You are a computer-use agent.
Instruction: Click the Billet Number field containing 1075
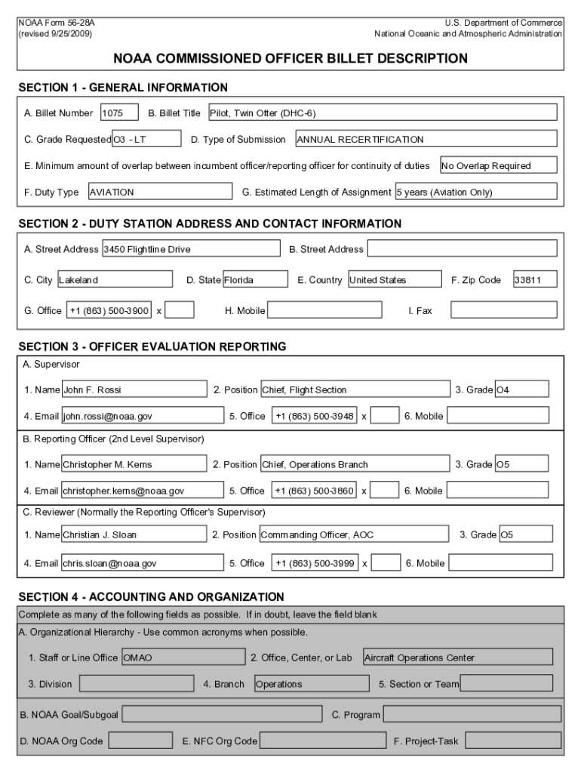point(119,113)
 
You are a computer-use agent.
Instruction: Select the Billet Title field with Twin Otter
point(382,113)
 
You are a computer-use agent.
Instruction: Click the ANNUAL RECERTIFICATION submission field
point(426,140)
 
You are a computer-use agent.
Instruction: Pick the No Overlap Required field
point(498,166)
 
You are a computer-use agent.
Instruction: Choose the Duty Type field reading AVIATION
point(159,192)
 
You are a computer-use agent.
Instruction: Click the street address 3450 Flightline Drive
point(189,249)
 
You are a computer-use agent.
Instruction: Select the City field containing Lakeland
point(115,280)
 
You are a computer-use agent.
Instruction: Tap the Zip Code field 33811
point(535,280)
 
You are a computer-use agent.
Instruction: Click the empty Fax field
point(503,310)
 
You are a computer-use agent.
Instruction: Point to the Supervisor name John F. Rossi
point(134,390)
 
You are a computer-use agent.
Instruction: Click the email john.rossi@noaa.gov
point(143,416)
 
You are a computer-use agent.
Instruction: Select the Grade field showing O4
point(521,390)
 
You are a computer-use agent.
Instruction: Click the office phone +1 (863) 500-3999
point(315,563)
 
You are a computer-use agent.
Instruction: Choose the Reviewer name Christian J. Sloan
point(134,535)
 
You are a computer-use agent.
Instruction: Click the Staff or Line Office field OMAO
point(183,658)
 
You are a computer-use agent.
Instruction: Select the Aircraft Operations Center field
point(457,658)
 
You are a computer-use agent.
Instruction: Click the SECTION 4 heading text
point(151,597)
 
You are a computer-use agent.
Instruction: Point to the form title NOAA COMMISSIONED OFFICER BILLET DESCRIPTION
point(290,58)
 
